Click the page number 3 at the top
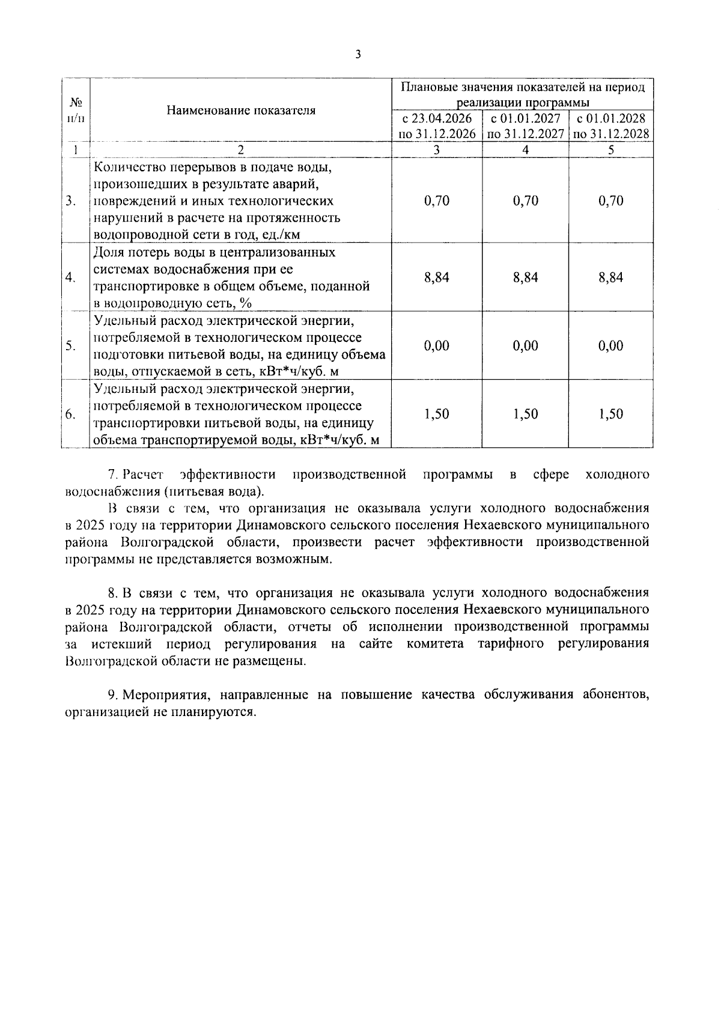(x=359, y=55)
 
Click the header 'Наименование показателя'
(x=241, y=111)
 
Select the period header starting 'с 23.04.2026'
(x=437, y=126)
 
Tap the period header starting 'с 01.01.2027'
(x=526, y=126)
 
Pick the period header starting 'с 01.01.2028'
(x=611, y=126)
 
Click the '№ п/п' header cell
(x=76, y=110)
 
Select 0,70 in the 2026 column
(x=437, y=201)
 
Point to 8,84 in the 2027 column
(x=526, y=277)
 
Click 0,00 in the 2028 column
(x=611, y=345)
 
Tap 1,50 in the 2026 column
(x=437, y=414)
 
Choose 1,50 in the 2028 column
(x=611, y=414)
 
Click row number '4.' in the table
(x=71, y=277)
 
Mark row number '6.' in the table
(x=71, y=414)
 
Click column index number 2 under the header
(x=241, y=150)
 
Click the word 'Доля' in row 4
(x=108, y=252)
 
